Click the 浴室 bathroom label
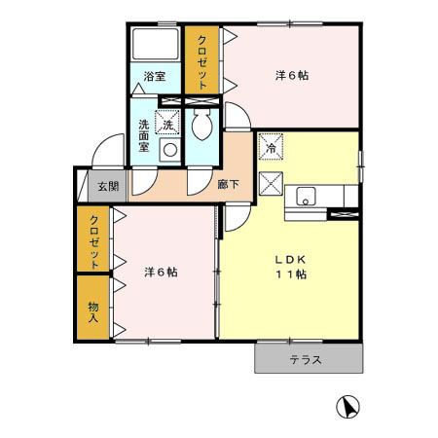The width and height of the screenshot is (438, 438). pyautogui.click(x=155, y=77)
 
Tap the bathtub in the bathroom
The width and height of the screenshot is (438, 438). pyautogui.click(x=156, y=44)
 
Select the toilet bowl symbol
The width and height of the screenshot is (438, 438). pyautogui.click(x=201, y=125)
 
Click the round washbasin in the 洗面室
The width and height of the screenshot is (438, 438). pyautogui.click(x=170, y=150)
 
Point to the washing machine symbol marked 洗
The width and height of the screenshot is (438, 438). pyautogui.click(x=167, y=122)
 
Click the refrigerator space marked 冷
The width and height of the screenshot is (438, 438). pyautogui.click(x=272, y=147)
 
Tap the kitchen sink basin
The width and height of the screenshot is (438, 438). pyautogui.click(x=306, y=197)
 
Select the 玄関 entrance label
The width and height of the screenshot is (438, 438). pyautogui.click(x=108, y=186)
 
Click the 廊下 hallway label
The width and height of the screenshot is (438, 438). pyautogui.click(x=229, y=185)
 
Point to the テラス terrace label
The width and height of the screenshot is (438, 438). pyautogui.click(x=306, y=360)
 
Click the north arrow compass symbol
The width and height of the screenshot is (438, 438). pyautogui.click(x=348, y=407)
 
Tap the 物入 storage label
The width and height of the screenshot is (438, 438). pyautogui.click(x=93, y=311)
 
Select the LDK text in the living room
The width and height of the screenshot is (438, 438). pyautogui.click(x=291, y=260)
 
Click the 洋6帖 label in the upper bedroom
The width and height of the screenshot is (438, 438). pyautogui.click(x=292, y=76)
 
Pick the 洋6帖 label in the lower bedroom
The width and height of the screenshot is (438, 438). pyautogui.click(x=161, y=272)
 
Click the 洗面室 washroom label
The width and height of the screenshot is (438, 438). pyautogui.click(x=144, y=135)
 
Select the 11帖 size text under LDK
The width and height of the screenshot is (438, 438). pyautogui.click(x=291, y=274)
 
